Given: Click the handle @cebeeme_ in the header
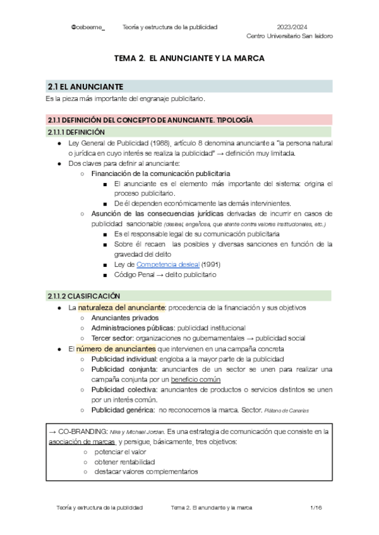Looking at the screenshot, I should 88,27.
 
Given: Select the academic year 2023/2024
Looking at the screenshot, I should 292,27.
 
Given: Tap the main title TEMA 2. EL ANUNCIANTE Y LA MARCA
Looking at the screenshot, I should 188,58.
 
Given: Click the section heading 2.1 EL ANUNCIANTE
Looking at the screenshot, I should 85,86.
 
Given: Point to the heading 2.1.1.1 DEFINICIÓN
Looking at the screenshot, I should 76,132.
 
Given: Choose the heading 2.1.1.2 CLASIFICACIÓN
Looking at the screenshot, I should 83,295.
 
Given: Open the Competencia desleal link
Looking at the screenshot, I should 172,264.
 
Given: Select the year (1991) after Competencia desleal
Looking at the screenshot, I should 210,264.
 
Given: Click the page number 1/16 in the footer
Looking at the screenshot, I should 316,507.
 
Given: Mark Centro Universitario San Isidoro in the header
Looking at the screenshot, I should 289,36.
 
